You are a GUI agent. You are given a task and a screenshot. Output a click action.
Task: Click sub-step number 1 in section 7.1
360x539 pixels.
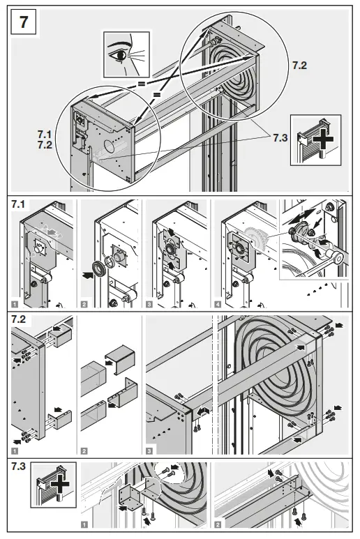point(13,305)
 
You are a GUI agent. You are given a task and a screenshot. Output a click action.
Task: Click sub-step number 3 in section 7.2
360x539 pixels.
point(149,450)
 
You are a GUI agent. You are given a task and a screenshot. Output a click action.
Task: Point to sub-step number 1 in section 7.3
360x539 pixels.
point(84,529)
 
